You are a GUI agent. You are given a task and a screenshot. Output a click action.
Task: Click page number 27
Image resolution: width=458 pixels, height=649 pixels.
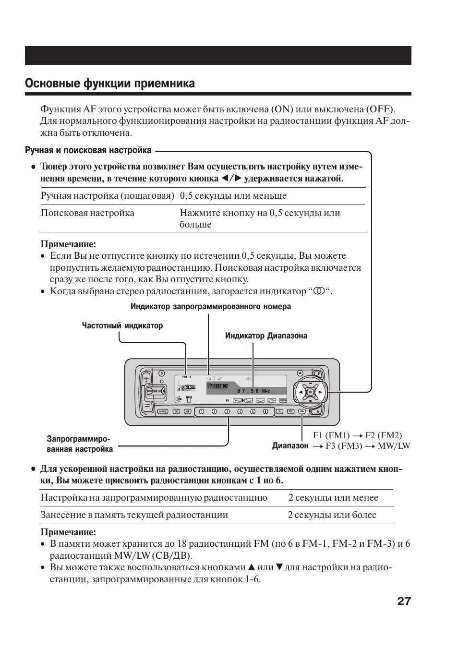pos(404,601)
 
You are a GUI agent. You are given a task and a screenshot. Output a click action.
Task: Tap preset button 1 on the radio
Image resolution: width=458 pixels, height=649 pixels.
pos(202,411)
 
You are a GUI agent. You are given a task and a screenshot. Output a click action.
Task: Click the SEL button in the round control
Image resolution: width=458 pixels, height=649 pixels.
pos(310,392)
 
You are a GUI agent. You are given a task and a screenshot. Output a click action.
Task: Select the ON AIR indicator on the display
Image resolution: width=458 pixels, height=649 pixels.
pos(189,387)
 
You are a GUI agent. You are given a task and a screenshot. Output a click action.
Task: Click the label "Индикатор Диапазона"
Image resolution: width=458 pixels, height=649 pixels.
pos(266,336)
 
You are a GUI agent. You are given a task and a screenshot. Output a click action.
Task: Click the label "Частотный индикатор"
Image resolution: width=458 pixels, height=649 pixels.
pos(122,326)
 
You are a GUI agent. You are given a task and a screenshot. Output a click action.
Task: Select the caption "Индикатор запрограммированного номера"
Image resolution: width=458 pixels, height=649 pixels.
pos(210,306)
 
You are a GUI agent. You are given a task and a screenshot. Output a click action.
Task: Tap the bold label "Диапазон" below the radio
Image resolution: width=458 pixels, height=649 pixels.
pos(290,446)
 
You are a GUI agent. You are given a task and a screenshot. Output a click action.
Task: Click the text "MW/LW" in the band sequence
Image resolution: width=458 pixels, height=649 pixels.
pos(394,446)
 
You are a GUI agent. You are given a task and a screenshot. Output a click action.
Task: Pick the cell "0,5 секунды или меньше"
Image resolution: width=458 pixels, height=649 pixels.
pos(233,196)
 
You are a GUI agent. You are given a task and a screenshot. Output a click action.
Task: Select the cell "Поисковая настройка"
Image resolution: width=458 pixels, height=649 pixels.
pos(87,213)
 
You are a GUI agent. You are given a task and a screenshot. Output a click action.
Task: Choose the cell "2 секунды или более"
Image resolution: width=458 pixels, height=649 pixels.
pos(332,515)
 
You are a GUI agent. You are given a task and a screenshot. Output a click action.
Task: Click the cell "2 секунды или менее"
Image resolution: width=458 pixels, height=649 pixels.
pos(333,498)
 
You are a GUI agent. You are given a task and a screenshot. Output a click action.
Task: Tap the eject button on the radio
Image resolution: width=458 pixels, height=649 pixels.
pos(300,373)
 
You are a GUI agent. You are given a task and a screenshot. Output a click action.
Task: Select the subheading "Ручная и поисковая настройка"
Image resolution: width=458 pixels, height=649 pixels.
pos(88,150)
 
